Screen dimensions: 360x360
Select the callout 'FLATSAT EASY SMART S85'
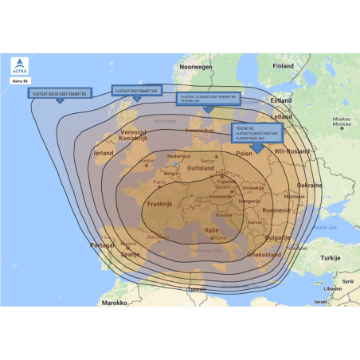click(x=136, y=91)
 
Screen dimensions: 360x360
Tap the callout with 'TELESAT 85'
click(x=206, y=99)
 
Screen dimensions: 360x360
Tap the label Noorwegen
click(x=197, y=68)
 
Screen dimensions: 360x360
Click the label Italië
click(x=211, y=229)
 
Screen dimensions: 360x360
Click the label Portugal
click(x=104, y=245)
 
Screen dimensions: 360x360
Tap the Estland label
click(x=281, y=101)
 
